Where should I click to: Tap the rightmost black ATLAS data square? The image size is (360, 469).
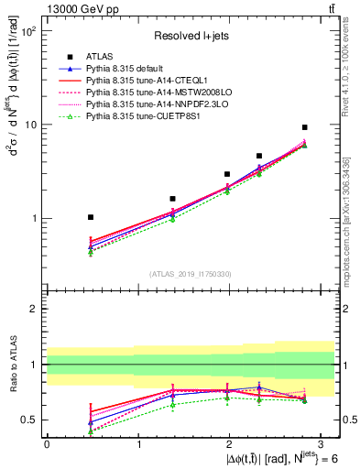click(x=304, y=127)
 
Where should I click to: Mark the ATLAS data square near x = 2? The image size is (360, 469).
click(x=227, y=173)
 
